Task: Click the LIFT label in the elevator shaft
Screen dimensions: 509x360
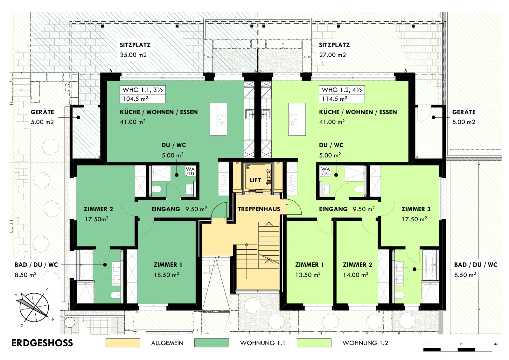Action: pyautogui.click(x=255, y=180)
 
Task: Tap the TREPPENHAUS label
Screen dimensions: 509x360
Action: pyautogui.click(x=259, y=209)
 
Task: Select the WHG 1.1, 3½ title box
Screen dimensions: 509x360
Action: pyautogui.click(x=143, y=90)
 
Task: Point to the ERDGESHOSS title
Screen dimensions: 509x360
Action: pyautogui.click(x=42, y=343)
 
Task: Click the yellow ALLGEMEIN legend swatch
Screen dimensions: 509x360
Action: pyautogui.click(x=123, y=343)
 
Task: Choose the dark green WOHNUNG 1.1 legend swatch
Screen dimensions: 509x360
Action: pyautogui.click(x=212, y=343)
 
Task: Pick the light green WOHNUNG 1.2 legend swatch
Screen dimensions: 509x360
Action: pyautogui.click(x=314, y=343)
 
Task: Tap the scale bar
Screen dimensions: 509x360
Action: pyautogui.click(x=458, y=350)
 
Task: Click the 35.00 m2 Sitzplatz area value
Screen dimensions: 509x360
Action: pyautogui.click(x=133, y=55)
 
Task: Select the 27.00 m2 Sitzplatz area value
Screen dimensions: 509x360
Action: pyautogui.click(x=332, y=55)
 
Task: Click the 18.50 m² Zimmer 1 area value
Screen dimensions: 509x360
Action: pyautogui.click(x=166, y=275)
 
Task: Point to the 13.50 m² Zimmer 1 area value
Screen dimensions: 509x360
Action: pyautogui.click(x=308, y=275)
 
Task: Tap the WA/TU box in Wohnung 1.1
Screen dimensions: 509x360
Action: pyautogui.click(x=190, y=171)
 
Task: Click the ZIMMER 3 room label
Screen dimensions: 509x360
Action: pyautogui.click(x=416, y=209)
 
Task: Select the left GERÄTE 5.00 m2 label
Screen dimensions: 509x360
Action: pyautogui.click(x=43, y=117)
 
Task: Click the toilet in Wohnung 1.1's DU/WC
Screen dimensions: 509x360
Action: pyautogui.click(x=156, y=189)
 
